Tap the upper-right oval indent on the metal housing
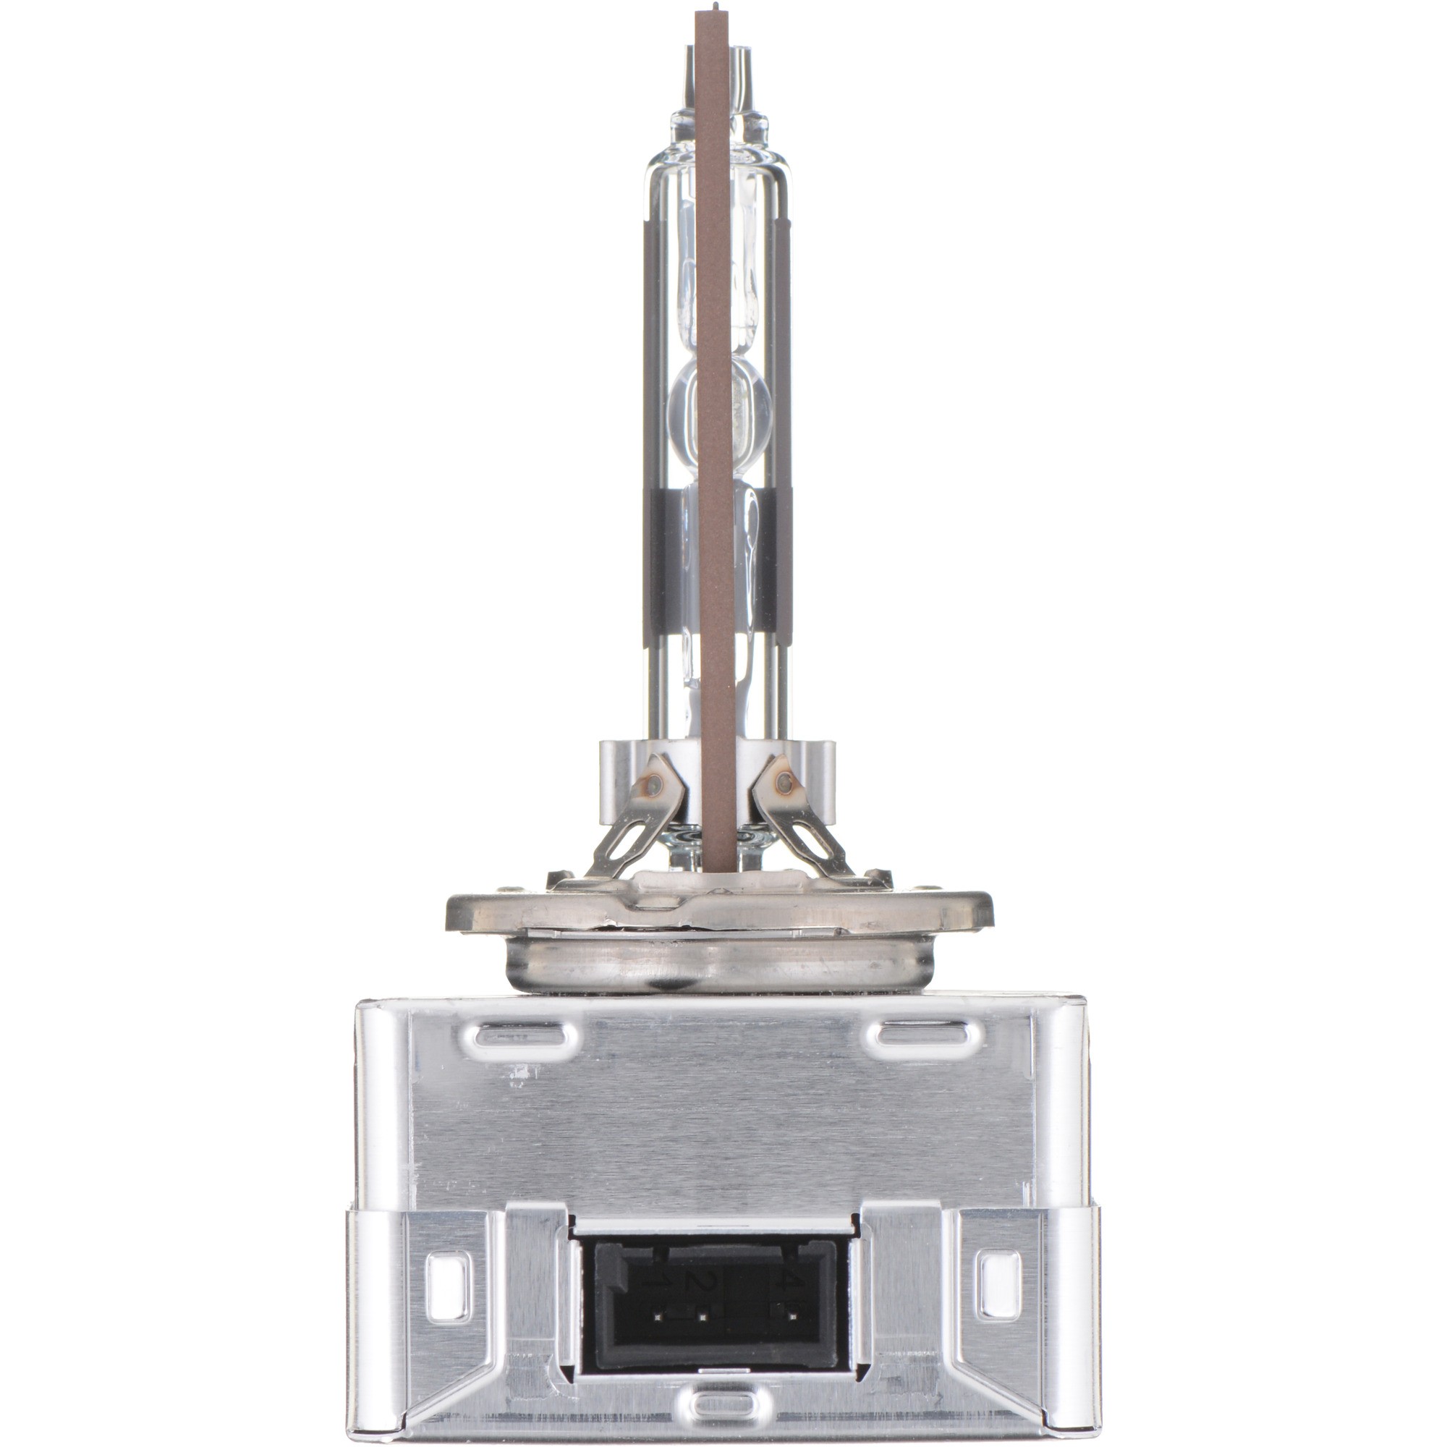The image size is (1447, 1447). [x=923, y=1037]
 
